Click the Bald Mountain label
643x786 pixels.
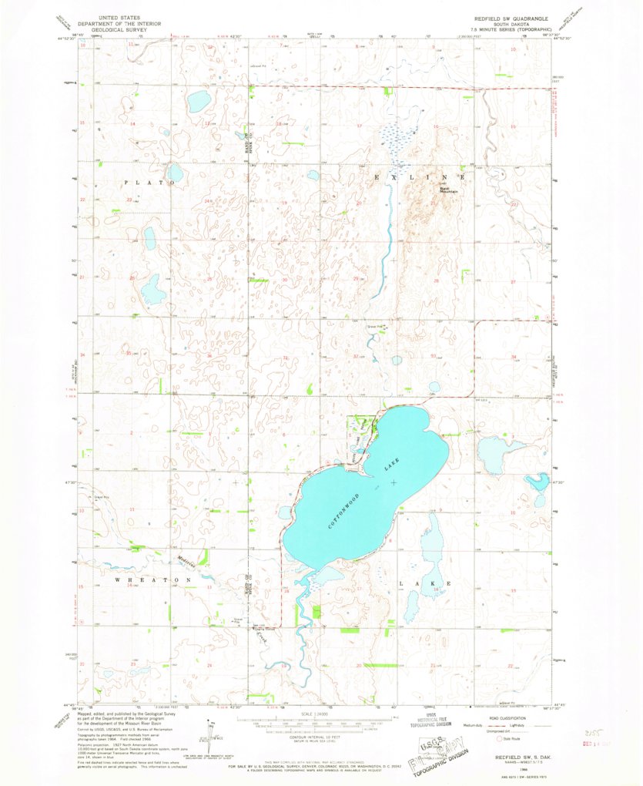tap(449, 190)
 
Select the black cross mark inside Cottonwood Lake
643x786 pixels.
tap(394, 483)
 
